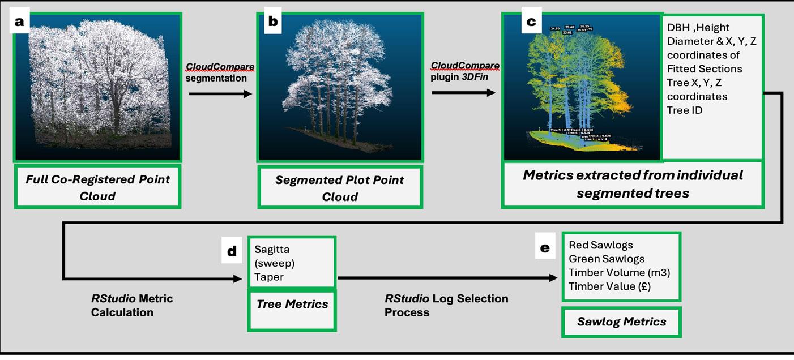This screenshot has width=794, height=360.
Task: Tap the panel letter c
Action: [531, 22]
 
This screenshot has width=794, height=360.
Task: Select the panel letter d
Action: [232, 251]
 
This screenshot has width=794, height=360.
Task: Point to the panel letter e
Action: [545, 248]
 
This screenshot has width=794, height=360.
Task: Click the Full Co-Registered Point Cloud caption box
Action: [97, 187]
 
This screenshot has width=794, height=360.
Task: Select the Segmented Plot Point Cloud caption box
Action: [340, 188]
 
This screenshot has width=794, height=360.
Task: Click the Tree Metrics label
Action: [292, 304]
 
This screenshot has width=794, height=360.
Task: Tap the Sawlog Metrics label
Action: [621, 322]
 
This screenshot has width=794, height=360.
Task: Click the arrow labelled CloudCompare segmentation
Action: [220, 93]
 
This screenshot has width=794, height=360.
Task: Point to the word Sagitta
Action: [272, 250]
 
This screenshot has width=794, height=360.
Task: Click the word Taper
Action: [269, 277]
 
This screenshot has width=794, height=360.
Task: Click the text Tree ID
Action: [685, 110]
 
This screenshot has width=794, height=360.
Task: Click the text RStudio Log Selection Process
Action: [446, 305]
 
